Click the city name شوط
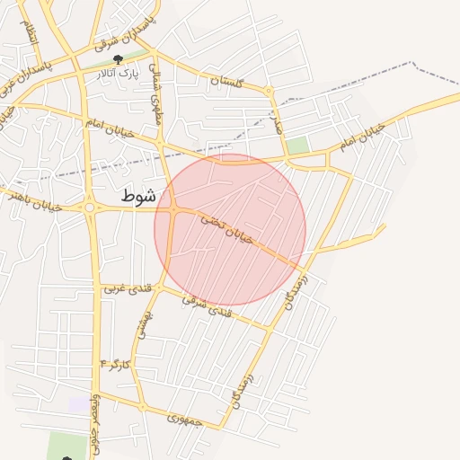139,194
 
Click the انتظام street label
31,33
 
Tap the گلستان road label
226,82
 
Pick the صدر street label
277,121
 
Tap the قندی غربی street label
120,288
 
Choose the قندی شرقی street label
207,306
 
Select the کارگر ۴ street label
117,365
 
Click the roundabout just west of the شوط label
90,208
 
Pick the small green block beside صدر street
297,145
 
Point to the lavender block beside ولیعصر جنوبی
79,403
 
